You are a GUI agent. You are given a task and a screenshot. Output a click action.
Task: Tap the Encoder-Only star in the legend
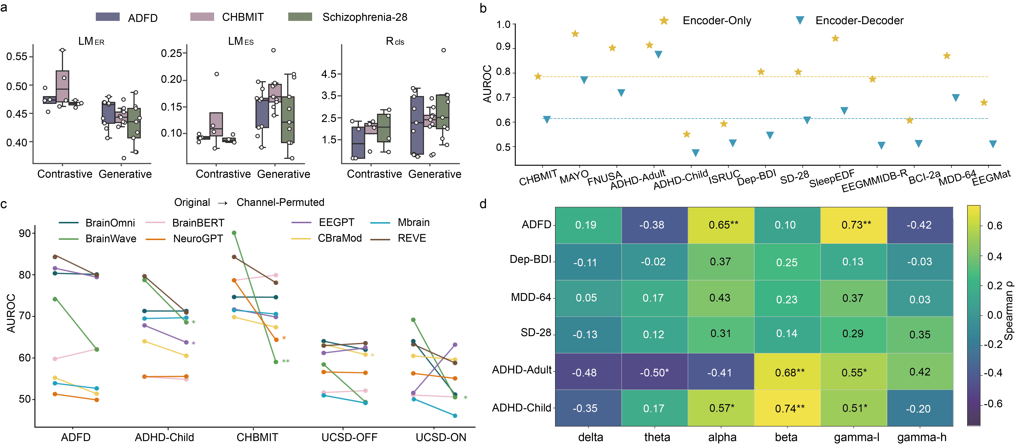click(664, 20)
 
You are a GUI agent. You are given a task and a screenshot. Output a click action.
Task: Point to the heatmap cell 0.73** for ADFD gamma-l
click(853, 225)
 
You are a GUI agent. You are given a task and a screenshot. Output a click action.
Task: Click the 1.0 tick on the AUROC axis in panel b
click(503, 25)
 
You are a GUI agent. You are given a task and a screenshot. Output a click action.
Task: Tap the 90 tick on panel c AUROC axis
click(25, 233)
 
